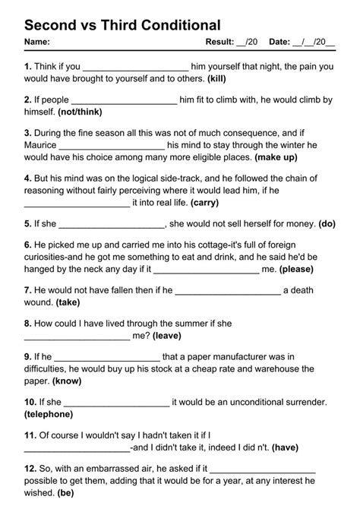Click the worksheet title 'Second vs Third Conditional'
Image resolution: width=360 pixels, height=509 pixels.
(x=122, y=25)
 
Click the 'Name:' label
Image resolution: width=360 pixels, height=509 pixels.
(x=37, y=42)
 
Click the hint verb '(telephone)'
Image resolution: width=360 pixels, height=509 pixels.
(x=49, y=414)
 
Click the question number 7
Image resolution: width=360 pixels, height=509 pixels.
(x=27, y=289)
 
